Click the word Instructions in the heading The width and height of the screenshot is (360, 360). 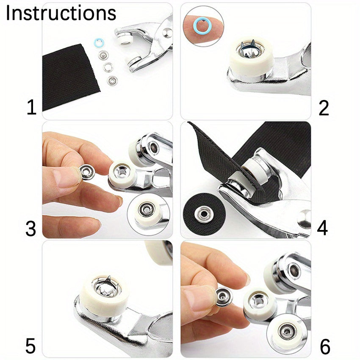tap(61, 13)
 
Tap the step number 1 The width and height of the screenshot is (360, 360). tap(32, 108)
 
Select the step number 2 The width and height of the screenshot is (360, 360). tap(324, 108)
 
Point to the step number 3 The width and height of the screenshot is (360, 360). tap(31, 228)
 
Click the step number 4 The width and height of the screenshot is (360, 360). tap(322, 228)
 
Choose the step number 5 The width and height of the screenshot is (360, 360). tap(30, 346)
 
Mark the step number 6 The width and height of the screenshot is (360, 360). tap(325, 347)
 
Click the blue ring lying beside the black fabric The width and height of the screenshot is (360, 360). tap(99, 43)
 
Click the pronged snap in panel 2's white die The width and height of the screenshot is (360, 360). tap(250, 49)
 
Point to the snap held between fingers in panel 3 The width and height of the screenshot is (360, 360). tap(87, 172)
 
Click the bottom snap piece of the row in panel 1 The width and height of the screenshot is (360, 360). tap(112, 80)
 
